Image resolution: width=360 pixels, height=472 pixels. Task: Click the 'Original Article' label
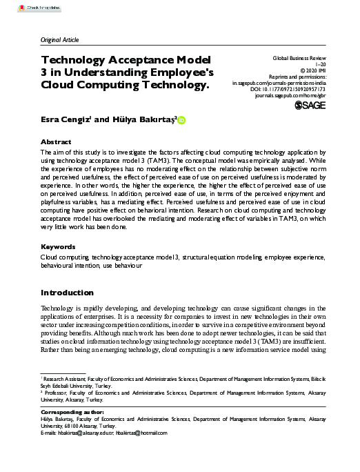click(x=61, y=40)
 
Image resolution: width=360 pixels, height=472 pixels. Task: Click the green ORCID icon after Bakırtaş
click(x=181, y=120)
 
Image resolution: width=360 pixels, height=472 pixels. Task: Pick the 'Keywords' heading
click(x=58, y=246)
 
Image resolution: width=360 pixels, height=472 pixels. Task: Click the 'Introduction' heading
click(x=67, y=293)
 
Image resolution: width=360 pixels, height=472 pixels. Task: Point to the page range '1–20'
click(x=339, y=68)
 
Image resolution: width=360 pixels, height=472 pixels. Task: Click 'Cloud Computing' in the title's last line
click(x=87, y=86)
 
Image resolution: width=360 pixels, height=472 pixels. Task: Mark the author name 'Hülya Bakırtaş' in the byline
click(x=143, y=119)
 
